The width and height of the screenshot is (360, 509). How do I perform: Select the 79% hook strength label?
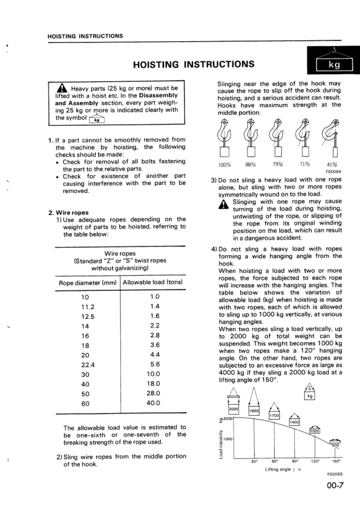[x=278, y=163]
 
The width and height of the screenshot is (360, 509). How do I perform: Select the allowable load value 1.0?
[x=154, y=296]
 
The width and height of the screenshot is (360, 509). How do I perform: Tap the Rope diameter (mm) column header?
[x=88, y=282]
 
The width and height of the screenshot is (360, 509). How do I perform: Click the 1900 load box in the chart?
[x=255, y=411]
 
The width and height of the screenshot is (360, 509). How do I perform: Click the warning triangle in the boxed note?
[x=62, y=91]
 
